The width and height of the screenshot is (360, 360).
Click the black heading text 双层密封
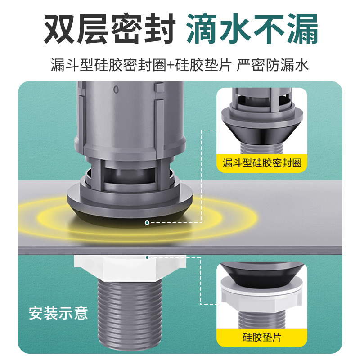click(108, 29)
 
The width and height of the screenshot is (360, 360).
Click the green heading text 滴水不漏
click(252, 29)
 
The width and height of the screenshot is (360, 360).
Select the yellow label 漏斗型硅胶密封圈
click(262, 162)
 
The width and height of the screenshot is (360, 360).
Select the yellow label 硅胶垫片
click(262, 337)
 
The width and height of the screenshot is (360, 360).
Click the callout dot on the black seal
click(147, 223)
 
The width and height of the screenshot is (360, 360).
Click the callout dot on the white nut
click(147, 257)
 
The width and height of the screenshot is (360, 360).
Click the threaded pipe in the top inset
click(262, 146)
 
